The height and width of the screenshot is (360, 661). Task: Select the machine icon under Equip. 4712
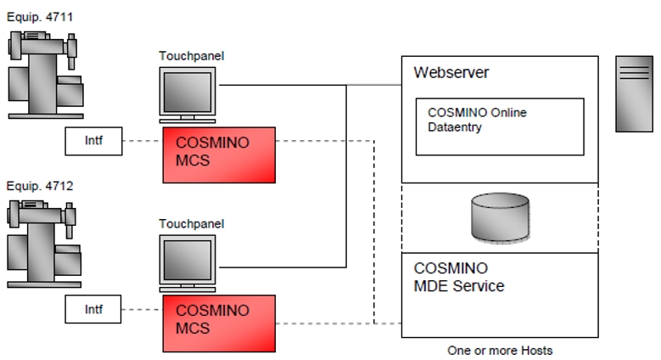(47, 244)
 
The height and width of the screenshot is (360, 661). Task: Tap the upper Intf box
(93, 142)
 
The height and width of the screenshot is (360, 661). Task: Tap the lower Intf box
(93, 310)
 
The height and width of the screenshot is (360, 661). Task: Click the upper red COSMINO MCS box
(219, 155)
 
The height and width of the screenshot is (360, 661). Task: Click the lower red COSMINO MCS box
(219, 323)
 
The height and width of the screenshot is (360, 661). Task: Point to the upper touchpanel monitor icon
(188, 94)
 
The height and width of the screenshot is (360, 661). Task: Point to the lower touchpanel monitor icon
(188, 262)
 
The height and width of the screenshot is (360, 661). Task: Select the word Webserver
(451, 73)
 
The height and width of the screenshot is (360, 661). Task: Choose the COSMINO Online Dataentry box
(499, 127)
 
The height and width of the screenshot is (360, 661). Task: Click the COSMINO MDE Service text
(458, 278)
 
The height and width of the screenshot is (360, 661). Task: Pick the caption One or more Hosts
(500, 350)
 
